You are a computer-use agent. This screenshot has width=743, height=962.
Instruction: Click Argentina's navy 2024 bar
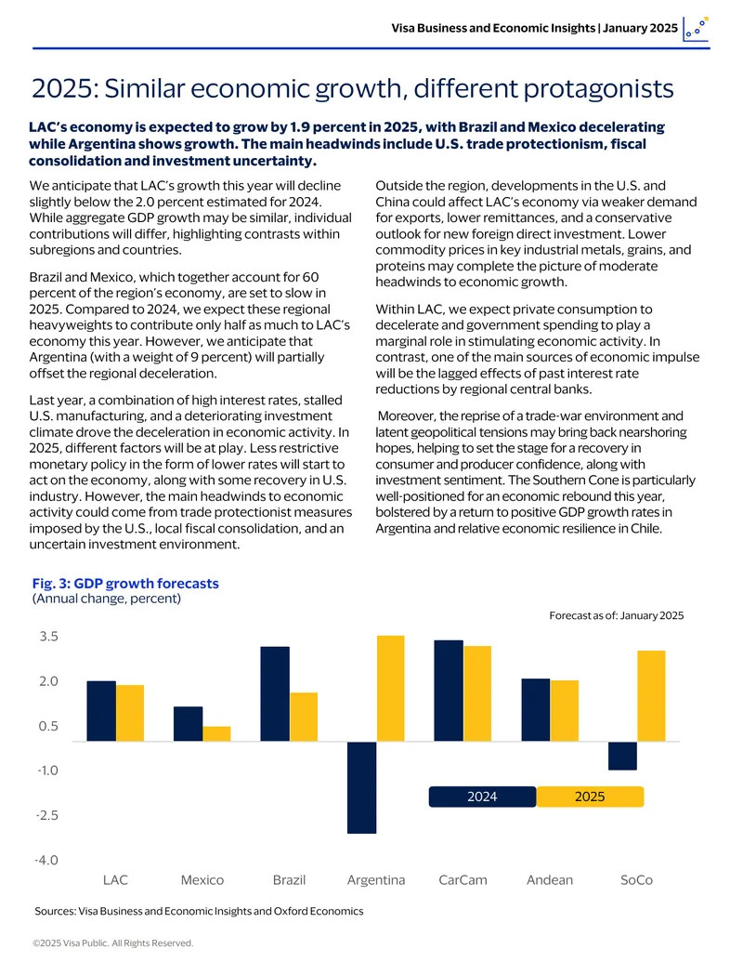[x=361, y=787]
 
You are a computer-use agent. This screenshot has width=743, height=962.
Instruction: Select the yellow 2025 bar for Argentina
[x=390, y=689]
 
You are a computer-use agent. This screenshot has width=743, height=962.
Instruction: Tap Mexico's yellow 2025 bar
[x=216, y=733]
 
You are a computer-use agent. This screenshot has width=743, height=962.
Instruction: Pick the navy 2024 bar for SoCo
[x=622, y=756]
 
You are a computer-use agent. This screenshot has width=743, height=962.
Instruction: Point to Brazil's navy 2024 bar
[x=275, y=694]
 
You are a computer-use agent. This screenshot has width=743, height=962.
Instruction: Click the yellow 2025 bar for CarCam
[x=477, y=694]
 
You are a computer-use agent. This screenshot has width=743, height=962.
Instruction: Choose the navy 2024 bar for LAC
[x=101, y=711]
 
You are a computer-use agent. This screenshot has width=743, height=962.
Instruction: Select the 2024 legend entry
[x=482, y=797]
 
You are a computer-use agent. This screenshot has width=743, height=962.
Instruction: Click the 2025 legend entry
[x=590, y=797]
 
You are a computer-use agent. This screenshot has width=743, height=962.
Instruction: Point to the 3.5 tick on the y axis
[x=48, y=636]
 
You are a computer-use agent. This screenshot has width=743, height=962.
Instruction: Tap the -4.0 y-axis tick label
[x=46, y=860]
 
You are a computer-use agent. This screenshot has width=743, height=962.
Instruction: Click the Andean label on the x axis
[x=550, y=880]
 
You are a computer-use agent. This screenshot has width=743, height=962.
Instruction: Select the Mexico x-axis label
[x=202, y=880]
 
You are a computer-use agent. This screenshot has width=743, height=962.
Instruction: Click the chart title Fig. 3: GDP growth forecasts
[x=125, y=584]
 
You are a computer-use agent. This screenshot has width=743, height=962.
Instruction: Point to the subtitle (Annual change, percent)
[x=107, y=599]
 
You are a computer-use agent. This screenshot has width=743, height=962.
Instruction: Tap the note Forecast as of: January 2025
[x=616, y=615]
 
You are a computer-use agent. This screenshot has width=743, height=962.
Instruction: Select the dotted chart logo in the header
[x=696, y=29]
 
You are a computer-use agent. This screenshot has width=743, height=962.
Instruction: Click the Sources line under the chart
[x=199, y=911]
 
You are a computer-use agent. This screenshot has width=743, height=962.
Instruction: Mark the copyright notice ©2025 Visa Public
[x=112, y=943]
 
